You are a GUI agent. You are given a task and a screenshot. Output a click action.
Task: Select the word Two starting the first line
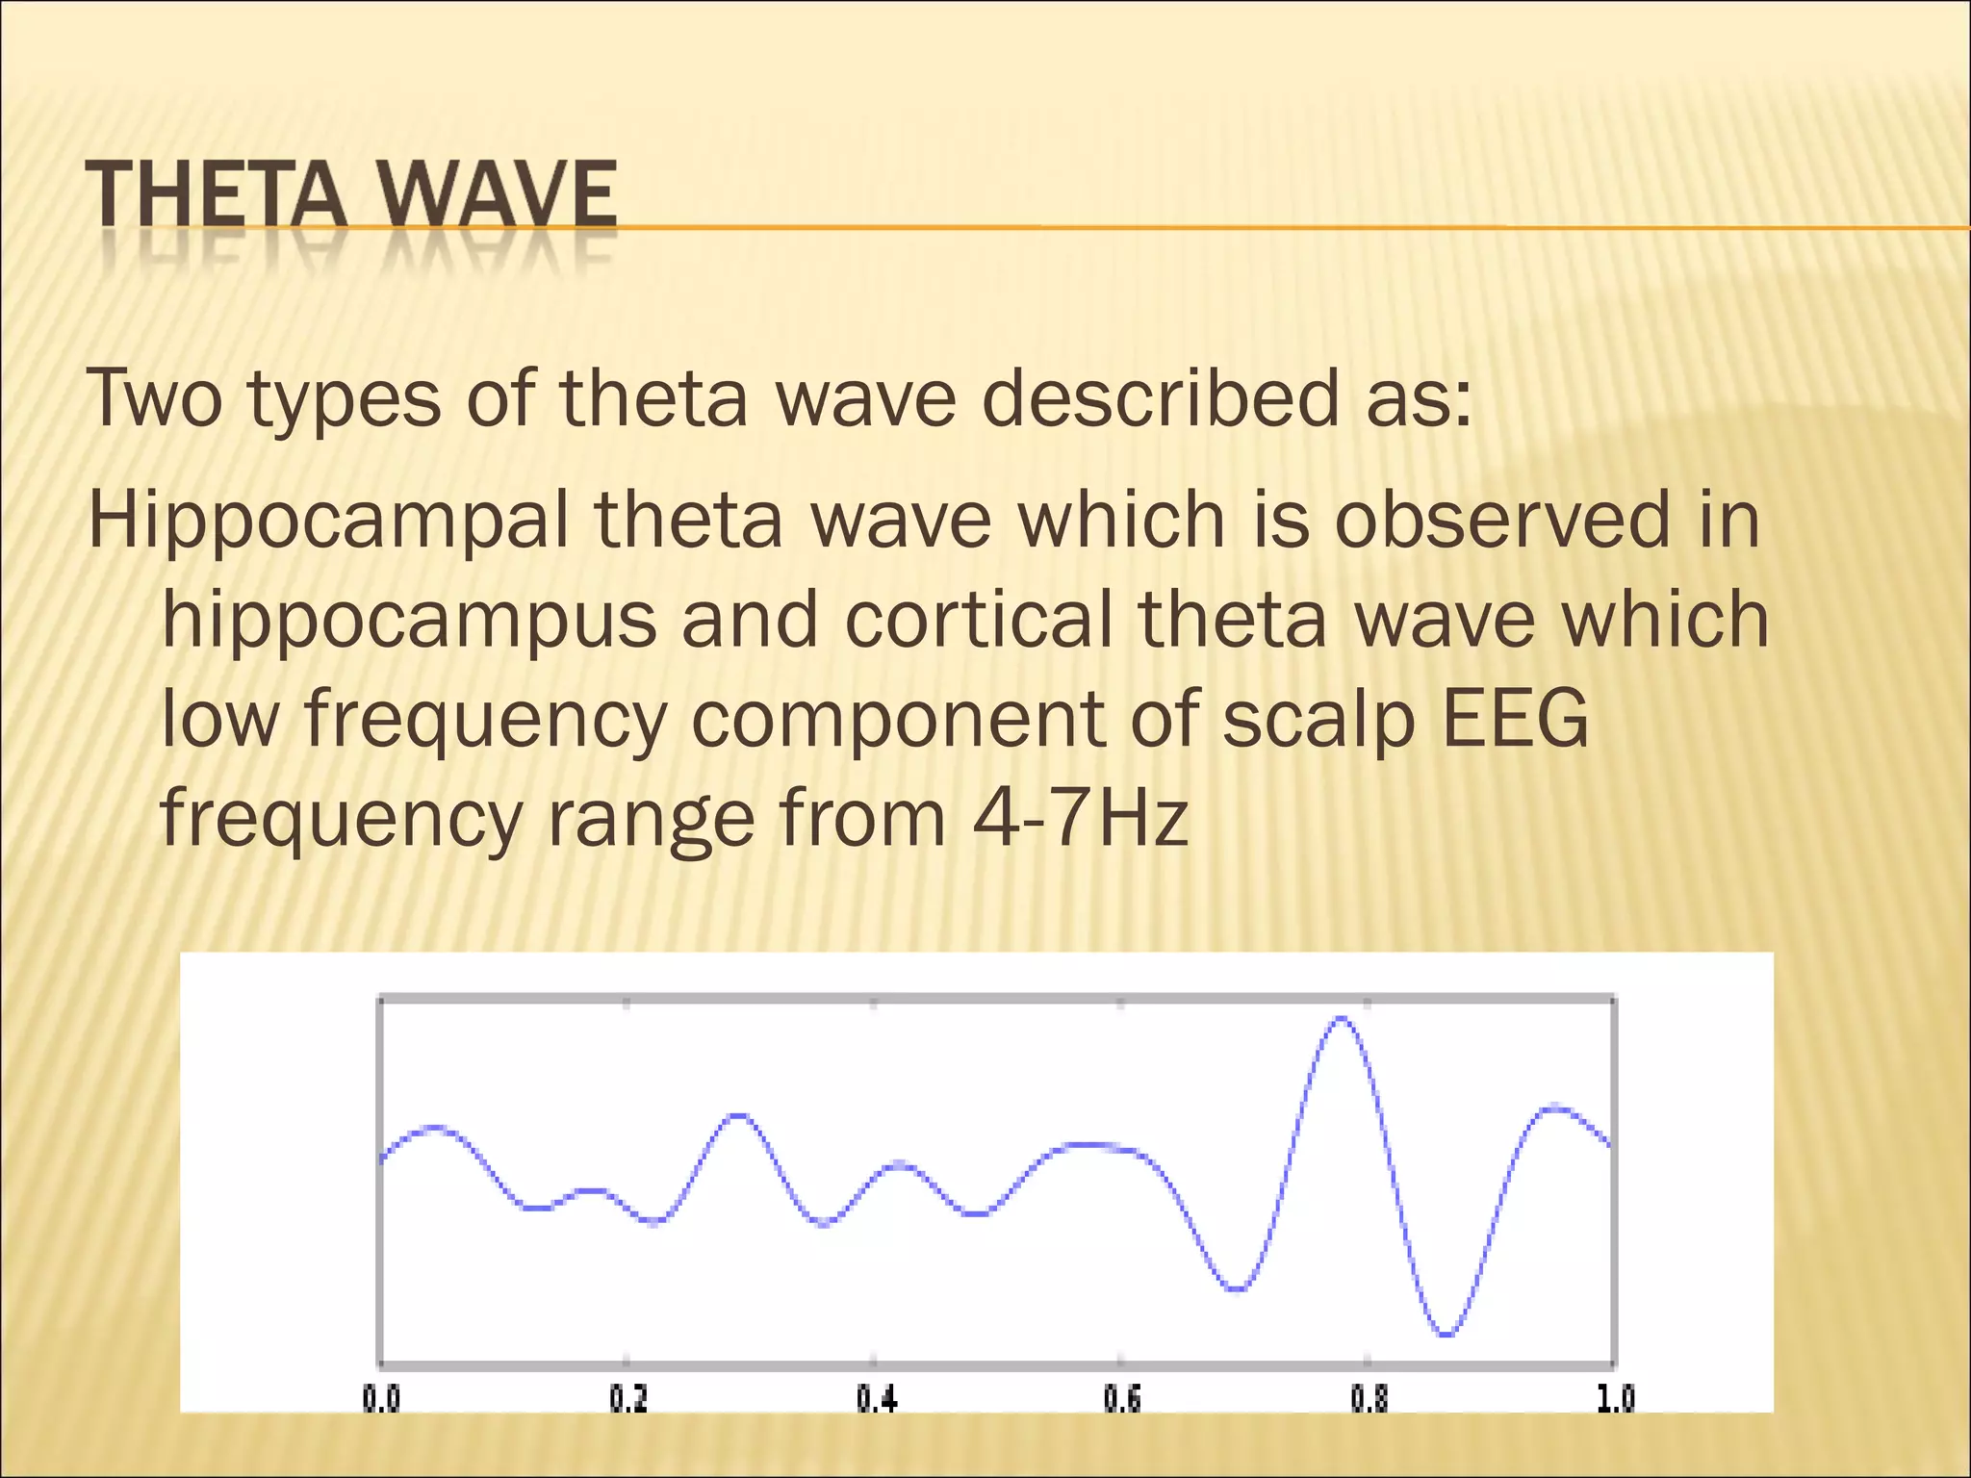(x=154, y=398)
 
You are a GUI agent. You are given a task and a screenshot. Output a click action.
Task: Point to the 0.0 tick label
(x=381, y=1397)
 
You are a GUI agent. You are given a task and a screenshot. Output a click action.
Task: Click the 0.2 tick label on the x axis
(x=628, y=1397)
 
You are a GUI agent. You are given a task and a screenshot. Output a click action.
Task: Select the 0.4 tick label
(x=876, y=1397)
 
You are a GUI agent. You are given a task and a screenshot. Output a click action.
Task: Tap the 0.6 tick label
(x=1122, y=1397)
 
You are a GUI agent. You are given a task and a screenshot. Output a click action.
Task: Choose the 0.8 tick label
(x=1369, y=1397)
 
